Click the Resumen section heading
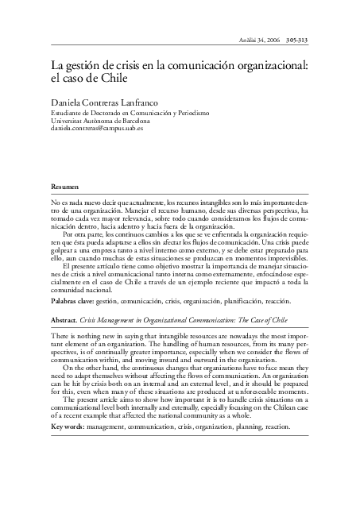(x=65, y=185)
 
